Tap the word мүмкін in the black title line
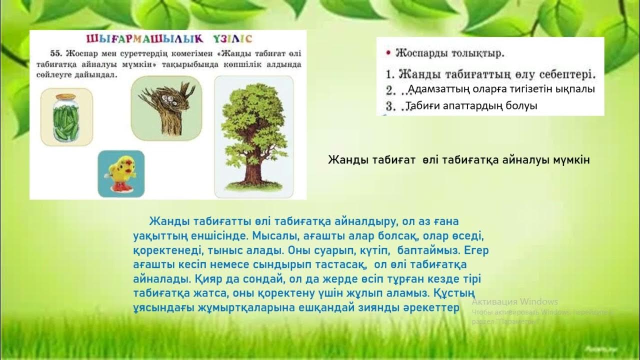(570, 160)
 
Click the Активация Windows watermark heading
(514, 301)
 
